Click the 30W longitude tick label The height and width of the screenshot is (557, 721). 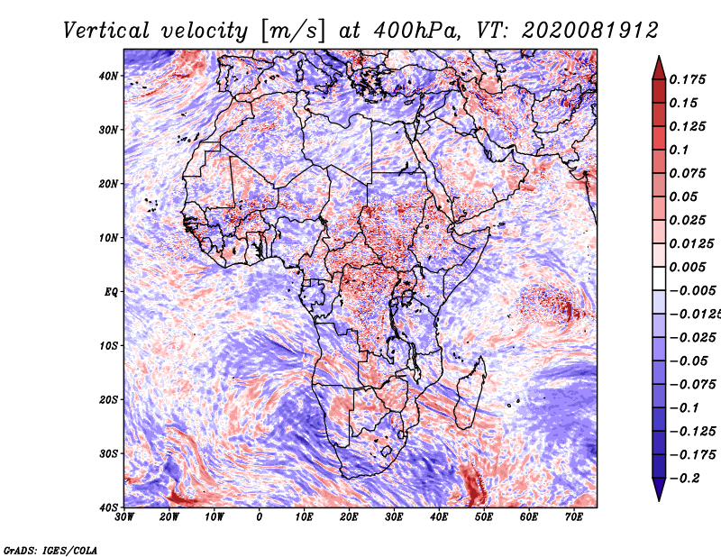[x=124, y=517]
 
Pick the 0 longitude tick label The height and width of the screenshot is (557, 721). [x=260, y=517]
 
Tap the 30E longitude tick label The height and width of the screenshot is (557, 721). [x=394, y=517]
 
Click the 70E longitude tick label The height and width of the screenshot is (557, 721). [x=573, y=517]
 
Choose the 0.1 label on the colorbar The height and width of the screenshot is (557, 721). [x=680, y=150]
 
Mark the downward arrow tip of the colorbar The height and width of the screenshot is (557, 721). [x=659, y=497]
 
